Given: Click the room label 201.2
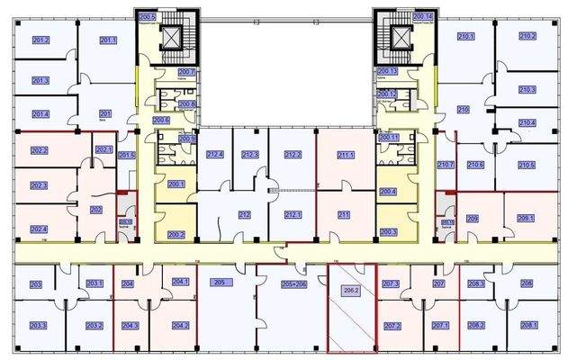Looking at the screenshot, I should click(x=41, y=40).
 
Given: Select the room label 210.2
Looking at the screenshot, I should click(x=527, y=36).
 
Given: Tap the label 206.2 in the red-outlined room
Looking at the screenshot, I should click(x=350, y=291).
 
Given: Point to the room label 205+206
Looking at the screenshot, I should click(x=294, y=283).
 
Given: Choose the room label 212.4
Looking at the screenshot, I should click(x=214, y=155).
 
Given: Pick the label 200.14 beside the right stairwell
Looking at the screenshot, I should click(x=423, y=17).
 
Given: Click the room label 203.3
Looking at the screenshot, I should click(x=38, y=325).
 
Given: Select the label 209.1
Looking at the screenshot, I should click(x=526, y=218).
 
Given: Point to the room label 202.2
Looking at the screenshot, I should click(x=39, y=150).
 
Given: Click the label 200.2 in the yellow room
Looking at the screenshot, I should click(x=176, y=235).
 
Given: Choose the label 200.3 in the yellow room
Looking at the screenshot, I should click(x=389, y=231).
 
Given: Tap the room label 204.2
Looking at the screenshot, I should click(x=180, y=325).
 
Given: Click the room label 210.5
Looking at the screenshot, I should click(x=527, y=165).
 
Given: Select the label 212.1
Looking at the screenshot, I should click(x=292, y=214).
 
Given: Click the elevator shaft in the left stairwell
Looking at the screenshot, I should click(x=169, y=38).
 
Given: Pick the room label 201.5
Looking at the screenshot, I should click(x=126, y=156).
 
